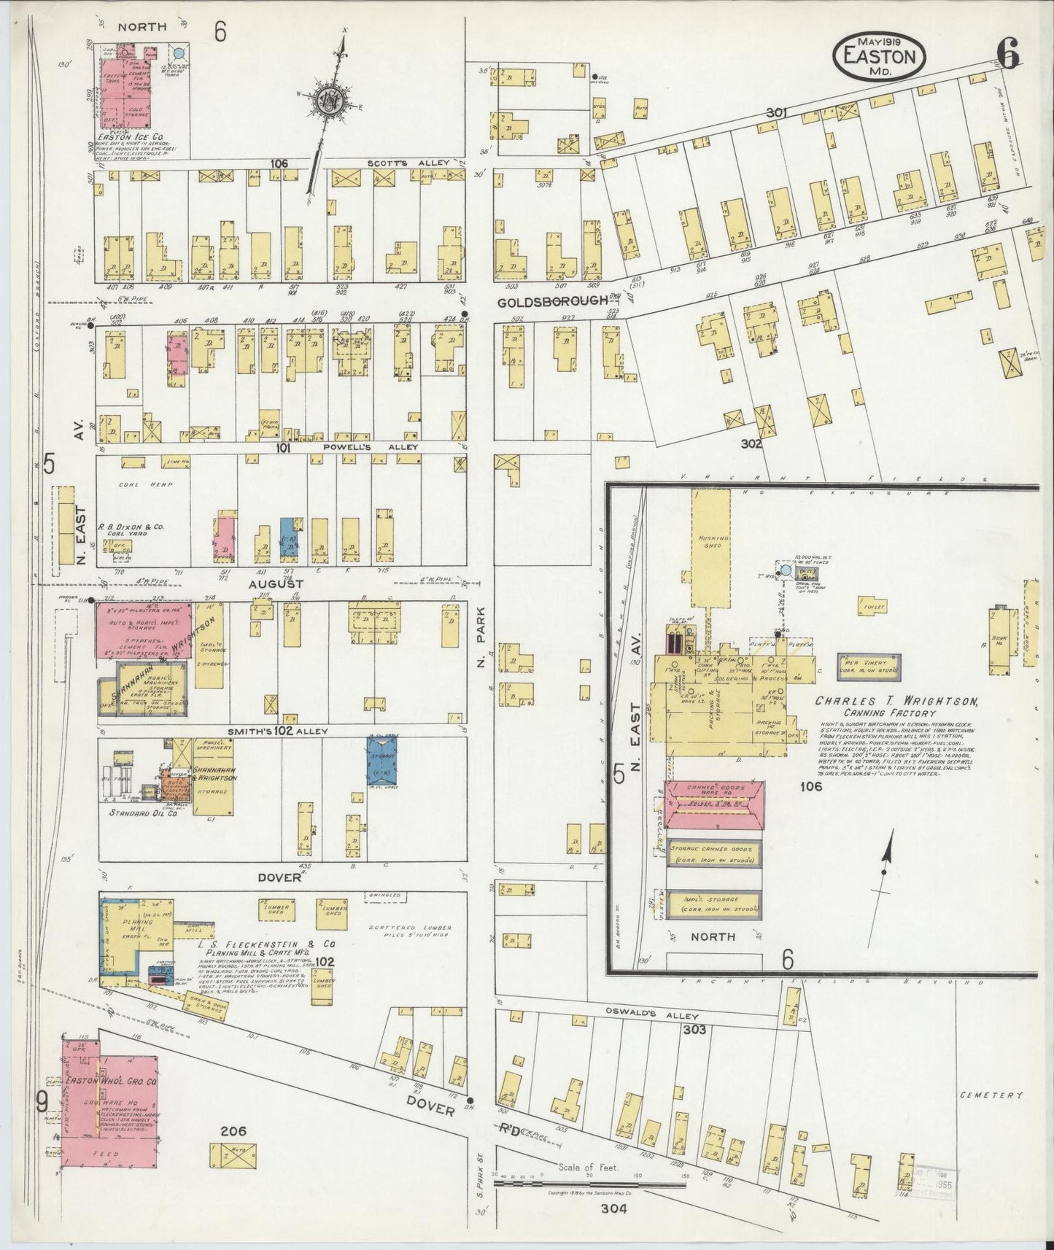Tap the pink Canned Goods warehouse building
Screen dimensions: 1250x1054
click(x=714, y=805)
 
